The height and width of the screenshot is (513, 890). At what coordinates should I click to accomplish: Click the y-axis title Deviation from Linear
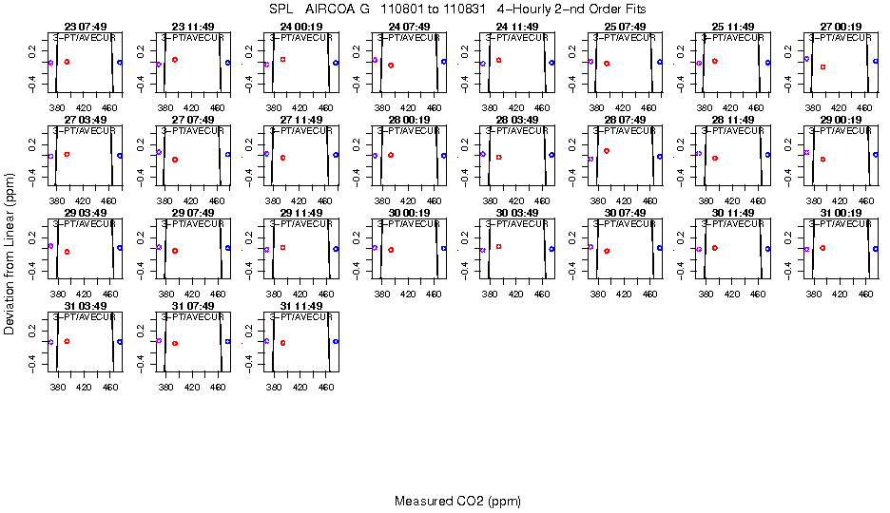click(10, 254)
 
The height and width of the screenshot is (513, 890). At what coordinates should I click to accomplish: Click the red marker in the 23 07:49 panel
click(67, 62)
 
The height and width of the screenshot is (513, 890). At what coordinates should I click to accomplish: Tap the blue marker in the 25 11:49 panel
click(767, 63)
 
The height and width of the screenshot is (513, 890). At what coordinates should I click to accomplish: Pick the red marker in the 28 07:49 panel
click(607, 151)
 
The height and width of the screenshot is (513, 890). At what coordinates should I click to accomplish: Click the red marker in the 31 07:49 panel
click(175, 343)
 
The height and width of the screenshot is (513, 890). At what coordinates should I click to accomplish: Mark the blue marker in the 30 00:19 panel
click(444, 248)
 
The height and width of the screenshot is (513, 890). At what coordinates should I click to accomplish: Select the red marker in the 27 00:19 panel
click(822, 66)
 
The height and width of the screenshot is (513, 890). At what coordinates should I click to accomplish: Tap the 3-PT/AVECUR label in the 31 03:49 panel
click(84, 316)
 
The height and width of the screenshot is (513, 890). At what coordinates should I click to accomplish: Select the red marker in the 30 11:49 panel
click(714, 248)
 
